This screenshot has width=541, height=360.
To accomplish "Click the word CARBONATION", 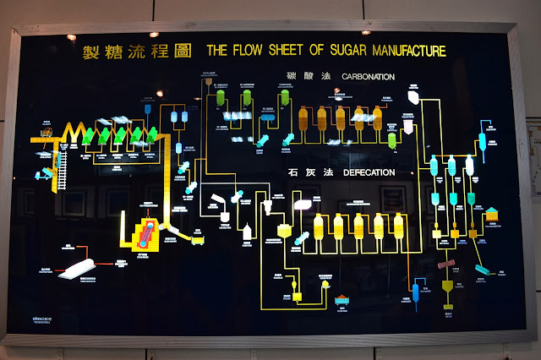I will coord(368,77).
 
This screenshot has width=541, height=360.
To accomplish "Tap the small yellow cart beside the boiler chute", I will coord(198,238).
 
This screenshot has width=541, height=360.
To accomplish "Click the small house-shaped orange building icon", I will coord(490,212).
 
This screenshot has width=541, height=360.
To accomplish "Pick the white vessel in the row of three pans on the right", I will coord(470,166).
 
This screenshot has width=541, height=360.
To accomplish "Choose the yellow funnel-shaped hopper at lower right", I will coord(447,291).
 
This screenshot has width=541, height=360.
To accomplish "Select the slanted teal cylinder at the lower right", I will coord(484,270).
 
